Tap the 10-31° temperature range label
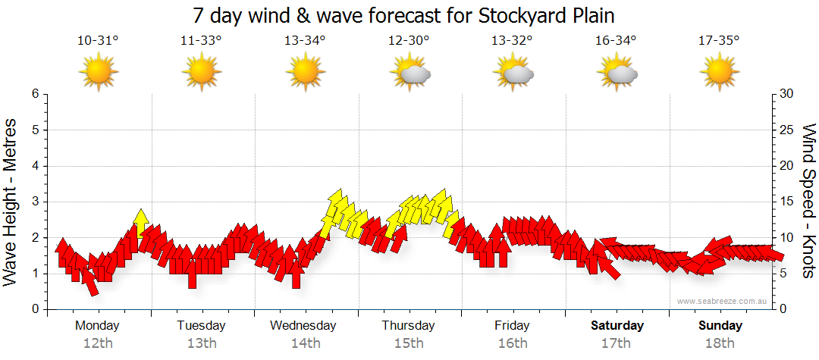tap(98, 41)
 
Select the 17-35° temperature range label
tap(720, 41)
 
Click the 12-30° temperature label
tap(409, 41)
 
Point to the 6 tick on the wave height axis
tap(34, 94)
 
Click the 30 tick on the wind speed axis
tap(787, 94)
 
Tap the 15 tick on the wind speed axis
tap(787, 202)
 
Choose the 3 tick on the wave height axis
tap(34, 202)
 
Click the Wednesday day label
tap(303, 326)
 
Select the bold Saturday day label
tap(617, 326)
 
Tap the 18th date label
tap(720, 343)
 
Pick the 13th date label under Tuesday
tap(201, 343)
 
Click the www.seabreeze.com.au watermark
tap(723, 301)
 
